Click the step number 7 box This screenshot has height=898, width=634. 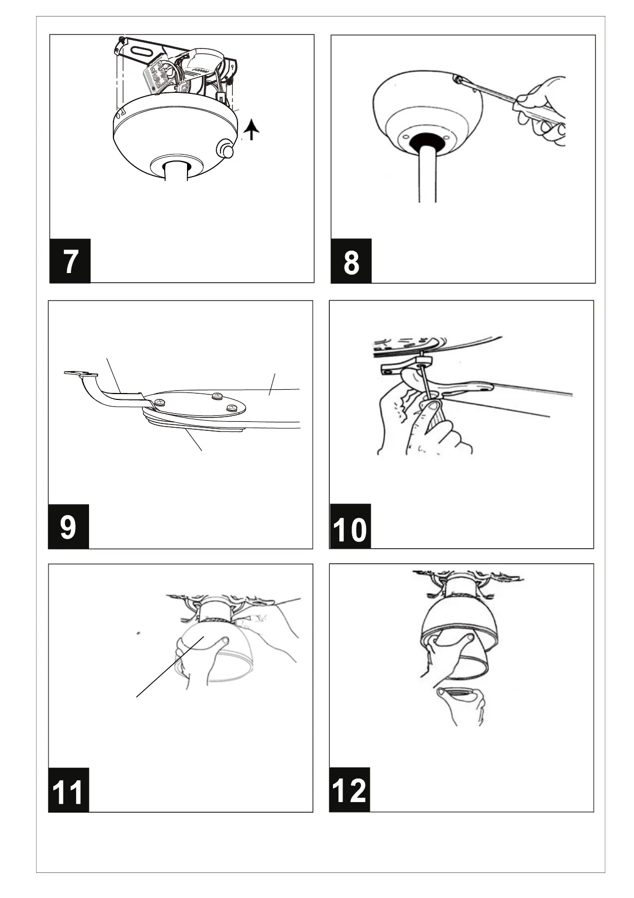pos(70,261)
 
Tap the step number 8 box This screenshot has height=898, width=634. pos(351,261)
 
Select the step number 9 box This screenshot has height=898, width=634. pos(69,526)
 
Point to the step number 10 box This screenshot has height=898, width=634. pos(350,526)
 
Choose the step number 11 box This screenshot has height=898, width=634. pos(69,790)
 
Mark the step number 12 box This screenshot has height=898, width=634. pos(349,790)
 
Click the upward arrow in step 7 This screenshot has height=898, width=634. pos(251,129)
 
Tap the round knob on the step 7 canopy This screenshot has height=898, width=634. pos(225,150)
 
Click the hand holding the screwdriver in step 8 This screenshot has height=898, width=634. pos(542,111)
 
